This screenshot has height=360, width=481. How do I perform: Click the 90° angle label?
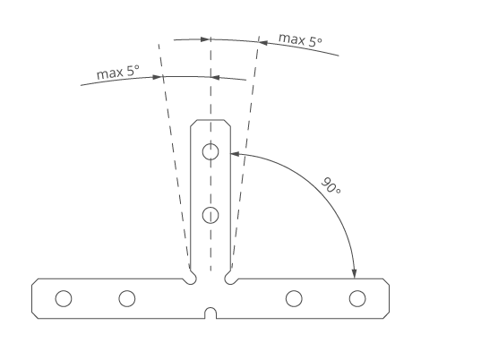tap(331, 185)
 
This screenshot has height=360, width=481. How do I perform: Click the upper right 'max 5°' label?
tap(300, 40)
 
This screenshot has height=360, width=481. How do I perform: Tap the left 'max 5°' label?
tap(118, 73)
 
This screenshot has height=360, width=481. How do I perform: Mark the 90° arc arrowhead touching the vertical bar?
tap(235, 153)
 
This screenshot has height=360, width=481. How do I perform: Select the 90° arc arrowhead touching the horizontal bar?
tap(355, 274)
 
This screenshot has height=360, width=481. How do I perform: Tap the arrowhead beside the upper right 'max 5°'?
tap(263, 43)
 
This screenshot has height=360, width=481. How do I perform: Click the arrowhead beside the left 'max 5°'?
tap(157, 77)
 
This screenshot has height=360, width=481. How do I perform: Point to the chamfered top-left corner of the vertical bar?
tap(193, 123)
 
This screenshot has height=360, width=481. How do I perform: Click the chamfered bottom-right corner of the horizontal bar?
tap(387, 316)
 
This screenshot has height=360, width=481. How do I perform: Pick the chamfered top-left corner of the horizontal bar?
tap(35, 282)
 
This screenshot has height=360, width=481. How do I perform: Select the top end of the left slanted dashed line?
tap(159, 45)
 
